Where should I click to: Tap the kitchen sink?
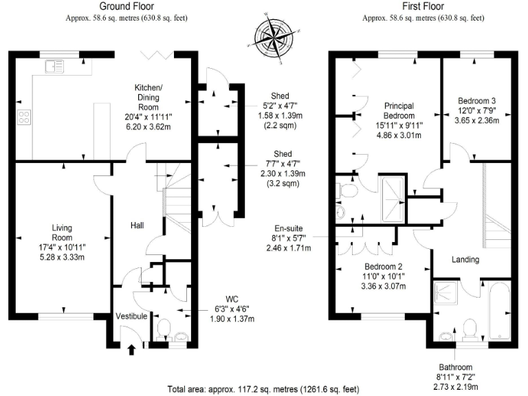53,67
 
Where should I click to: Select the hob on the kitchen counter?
24,118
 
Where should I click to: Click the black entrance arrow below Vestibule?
131,349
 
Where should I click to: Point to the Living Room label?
62,228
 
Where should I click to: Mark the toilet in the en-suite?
346,190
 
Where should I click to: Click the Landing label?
465,259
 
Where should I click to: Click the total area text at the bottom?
263,389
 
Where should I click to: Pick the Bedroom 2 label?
383,266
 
